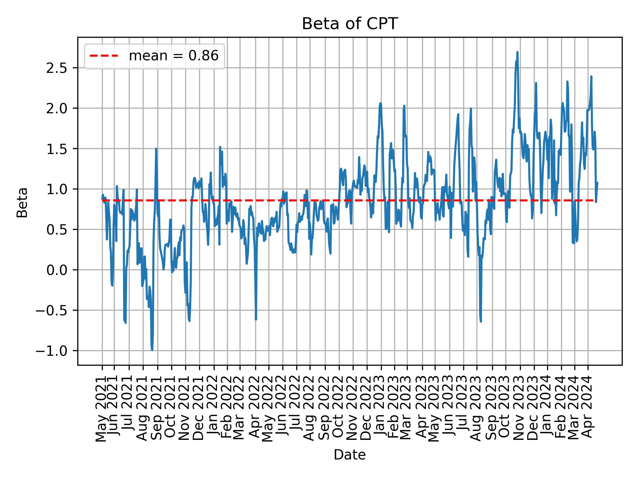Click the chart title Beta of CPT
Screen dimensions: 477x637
click(x=350, y=24)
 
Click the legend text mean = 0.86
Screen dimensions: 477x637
click(x=174, y=56)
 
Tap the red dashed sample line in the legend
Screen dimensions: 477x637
click(x=104, y=56)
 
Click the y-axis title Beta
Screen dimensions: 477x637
click(x=22, y=202)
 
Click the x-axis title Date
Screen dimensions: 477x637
click(x=350, y=455)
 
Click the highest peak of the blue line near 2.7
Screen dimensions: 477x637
click(x=517, y=52)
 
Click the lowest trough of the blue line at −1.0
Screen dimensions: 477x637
click(x=152, y=350)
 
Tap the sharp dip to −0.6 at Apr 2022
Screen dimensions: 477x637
click(x=256, y=319)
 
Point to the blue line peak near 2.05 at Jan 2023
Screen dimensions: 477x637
click(x=381, y=103)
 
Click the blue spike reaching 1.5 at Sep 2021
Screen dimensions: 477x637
click(x=156, y=149)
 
